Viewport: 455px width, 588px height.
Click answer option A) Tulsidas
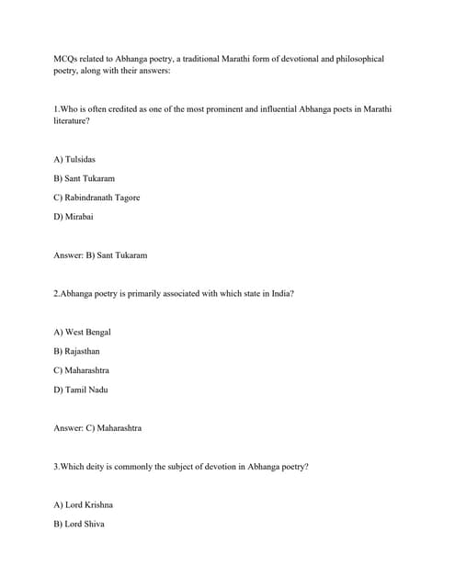[74, 159]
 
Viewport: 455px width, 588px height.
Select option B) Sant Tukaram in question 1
[85, 178]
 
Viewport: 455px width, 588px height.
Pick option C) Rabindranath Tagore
[97, 198]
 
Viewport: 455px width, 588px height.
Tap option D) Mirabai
[74, 217]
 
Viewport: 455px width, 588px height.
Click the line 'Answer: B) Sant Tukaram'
[100, 255]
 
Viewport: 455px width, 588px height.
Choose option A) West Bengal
[82, 332]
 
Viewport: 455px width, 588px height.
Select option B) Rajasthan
[77, 351]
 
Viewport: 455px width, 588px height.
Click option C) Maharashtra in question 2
[82, 370]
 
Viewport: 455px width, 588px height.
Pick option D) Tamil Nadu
[81, 390]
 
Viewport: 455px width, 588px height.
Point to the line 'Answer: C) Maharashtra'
[97, 428]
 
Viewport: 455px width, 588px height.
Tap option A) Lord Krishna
[84, 504]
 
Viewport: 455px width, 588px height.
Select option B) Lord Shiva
[79, 524]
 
